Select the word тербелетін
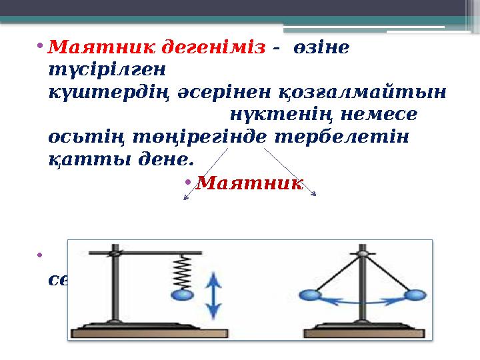tap(349, 135)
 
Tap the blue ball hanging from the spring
tap(182, 295)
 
